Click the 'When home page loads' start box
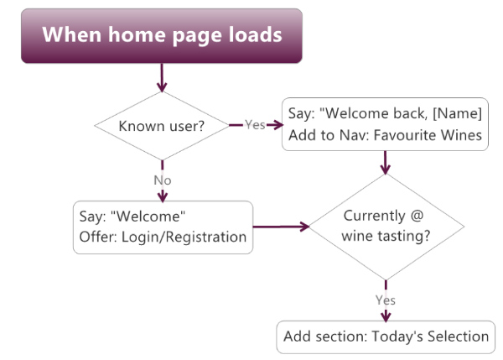pyautogui.click(x=162, y=35)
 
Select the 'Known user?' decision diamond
pyautogui.click(x=162, y=126)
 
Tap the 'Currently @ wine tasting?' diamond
pyautogui.click(x=386, y=227)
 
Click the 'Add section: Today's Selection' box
pyautogui.click(x=386, y=337)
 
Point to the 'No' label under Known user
pyautogui.click(x=163, y=180)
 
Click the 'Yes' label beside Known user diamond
pyautogui.click(x=255, y=124)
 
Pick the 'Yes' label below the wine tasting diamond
pyautogui.click(x=386, y=300)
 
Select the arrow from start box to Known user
pyautogui.click(x=162, y=78)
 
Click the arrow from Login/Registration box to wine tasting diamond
pyautogui.click(x=281, y=227)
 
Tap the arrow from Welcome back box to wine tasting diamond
pyautogui.click(x=386, y=163)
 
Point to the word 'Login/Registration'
pyautogui.click(x=184, y=237)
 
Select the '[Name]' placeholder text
pyautogui.click(x=457, y=113)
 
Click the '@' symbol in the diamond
pyautogui.click(x=417, y=216)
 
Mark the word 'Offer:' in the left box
pyautogui.click(x=98, y=237)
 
